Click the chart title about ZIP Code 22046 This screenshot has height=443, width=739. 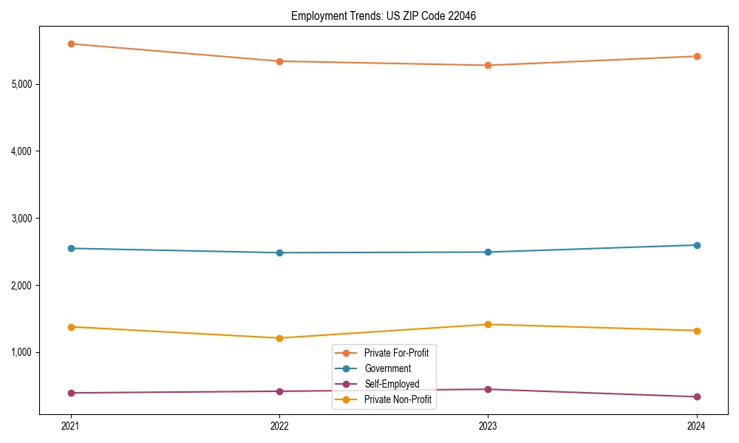[x=383, y=16]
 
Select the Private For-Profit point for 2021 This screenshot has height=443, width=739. [x=71, y=44]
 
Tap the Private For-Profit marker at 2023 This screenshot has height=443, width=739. [x=488, y=65]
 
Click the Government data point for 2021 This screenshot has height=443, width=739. [x=71, y=248]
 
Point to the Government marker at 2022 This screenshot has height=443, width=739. [x=279, y=253]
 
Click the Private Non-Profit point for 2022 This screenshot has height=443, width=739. [x=279, y=338]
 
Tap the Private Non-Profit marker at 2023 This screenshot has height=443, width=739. [x=488, y=324]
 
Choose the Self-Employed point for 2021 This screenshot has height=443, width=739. [x=71, y=393]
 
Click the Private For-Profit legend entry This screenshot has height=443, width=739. [x=396, y=353]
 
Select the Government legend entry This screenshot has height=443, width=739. [x=387, y=368]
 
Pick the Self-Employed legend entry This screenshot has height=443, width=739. [x=392, y=384]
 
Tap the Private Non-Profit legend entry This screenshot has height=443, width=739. [x=398, y=399]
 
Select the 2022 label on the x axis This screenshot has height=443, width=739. [x=279, y=425]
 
